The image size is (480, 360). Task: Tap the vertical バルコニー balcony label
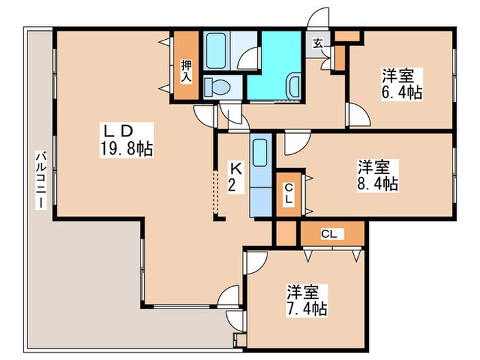(x=41, y=181)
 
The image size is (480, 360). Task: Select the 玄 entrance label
(x=318, y=45)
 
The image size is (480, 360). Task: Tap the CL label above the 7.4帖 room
(x=330, y=234)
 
